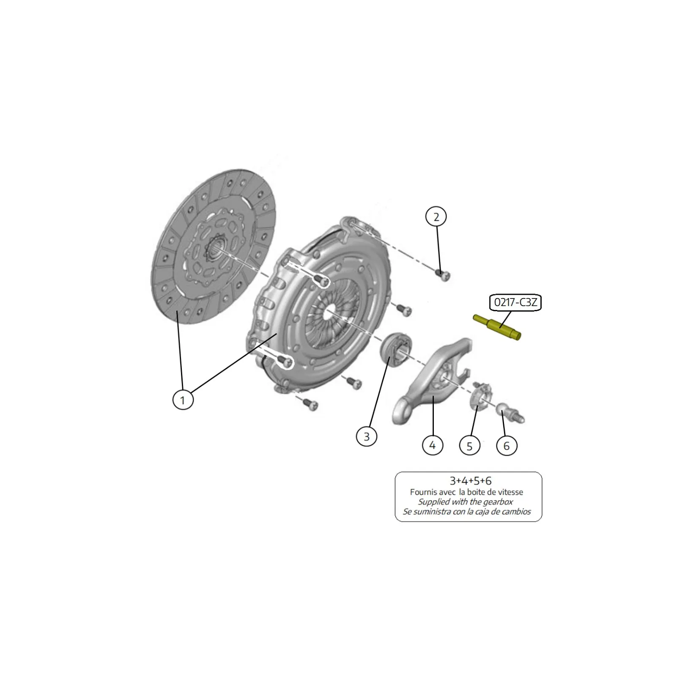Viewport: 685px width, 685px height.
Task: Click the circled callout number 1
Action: coord(183,400)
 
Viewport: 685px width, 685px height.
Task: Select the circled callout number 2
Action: coord(436,217)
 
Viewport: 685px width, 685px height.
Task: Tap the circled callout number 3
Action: coord(366,436)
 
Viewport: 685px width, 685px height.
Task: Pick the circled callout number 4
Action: coord(432,445)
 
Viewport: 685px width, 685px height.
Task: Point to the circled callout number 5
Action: coord(469,446)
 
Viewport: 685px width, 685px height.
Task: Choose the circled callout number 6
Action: coord(507,446)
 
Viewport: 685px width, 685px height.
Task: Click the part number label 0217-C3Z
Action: coord(515,303)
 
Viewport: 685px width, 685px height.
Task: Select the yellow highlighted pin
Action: coord(497,327)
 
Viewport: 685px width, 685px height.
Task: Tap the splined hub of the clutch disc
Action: coord(216,250)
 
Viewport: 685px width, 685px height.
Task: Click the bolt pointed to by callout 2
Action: coord(443,275)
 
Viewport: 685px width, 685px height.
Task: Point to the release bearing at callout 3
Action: coord(396,349)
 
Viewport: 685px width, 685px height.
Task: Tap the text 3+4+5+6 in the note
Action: coord(470,481)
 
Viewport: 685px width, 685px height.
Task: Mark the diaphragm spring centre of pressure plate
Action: coord(329,314)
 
